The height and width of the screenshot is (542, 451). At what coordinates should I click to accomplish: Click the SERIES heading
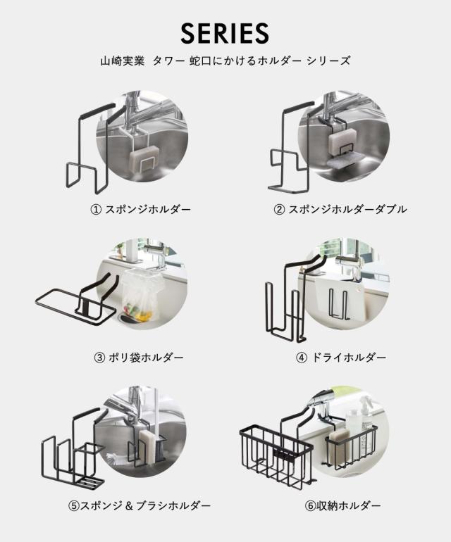225,33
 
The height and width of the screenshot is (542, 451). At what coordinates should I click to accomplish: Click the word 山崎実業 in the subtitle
122,61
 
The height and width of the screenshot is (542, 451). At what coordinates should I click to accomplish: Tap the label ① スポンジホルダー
141,209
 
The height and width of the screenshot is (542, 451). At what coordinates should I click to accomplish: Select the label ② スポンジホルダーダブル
340,209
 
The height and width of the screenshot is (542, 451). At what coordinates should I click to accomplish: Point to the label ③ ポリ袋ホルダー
139,357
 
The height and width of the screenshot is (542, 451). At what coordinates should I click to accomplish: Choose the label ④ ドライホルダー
341,357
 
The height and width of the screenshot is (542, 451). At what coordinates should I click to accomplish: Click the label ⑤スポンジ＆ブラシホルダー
140,505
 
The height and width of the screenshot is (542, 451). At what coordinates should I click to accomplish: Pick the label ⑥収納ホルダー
342,505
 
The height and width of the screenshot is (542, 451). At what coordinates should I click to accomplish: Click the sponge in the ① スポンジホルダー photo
144,158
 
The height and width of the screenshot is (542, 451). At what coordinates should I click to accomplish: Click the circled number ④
302,358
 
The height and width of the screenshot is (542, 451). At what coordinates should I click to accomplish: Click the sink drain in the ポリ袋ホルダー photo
129,317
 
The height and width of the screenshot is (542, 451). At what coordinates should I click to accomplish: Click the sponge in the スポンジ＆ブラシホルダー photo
148,446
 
